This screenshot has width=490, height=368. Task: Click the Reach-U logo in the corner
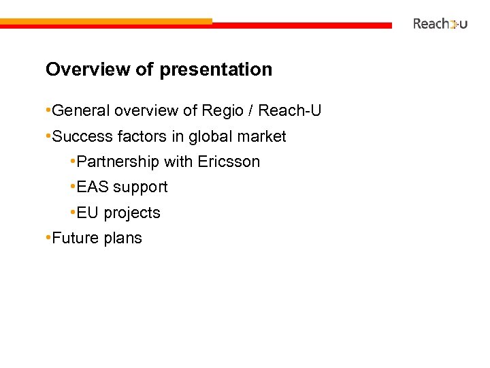pyautogui.click(x=440, y=24)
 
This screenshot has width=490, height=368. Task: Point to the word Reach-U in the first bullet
pyautogui.click(x=290, y=110)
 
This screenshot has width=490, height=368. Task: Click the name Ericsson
pyautogui.click(x=229, y=162)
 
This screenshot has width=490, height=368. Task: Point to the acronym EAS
pyautogui.click(x=93, y=187)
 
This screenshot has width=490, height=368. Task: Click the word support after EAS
pyautogui.click(x=140, y=187)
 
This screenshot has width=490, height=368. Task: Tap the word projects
pyautogui.click(x=132, y=213)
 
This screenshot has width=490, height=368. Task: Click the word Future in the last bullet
pyautogui.click(x=76, y=238)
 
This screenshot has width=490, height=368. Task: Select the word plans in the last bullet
pyautogui.click(x=122, y=239)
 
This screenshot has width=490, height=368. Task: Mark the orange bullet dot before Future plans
pyautogui.click(x=47, y=238)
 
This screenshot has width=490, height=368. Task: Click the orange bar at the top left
pyautogui.click(x=105, y=21)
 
